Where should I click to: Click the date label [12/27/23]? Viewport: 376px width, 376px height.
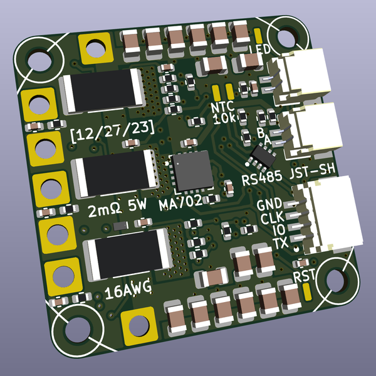click(113, 130)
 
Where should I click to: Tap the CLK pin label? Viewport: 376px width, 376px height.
click(272, 218)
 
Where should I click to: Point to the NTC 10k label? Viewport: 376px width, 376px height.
click(223, 112)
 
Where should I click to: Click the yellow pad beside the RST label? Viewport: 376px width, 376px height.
click(307, 291)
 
